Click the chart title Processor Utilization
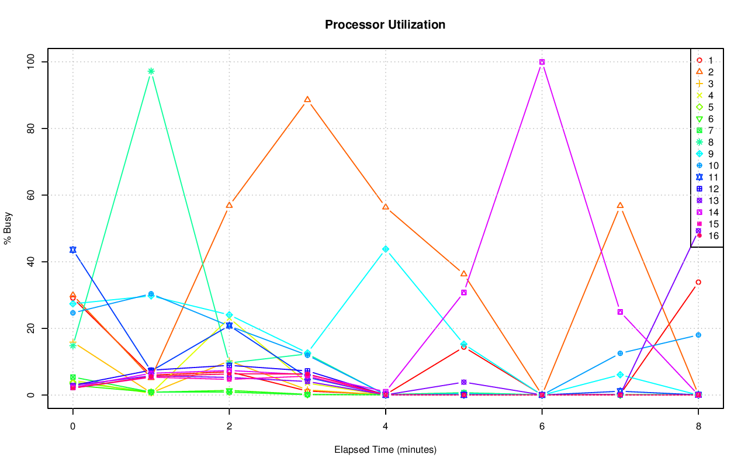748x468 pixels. [x=385, y=25]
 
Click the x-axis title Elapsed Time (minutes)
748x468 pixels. [x=385, y=450]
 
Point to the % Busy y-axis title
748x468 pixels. [x=8, y=228]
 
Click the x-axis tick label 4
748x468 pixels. [x=385, y=427]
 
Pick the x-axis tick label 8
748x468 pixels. [x=698, y=427]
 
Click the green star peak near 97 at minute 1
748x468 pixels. [x=151, y=71]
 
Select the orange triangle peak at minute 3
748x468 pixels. [x=307, y=99]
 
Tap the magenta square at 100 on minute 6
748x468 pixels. [x=542, y=62]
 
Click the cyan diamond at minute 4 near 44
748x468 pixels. [x=386, y=249]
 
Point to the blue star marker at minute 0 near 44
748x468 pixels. [x=72, y=249]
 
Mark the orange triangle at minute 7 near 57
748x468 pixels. [x=620, y=205]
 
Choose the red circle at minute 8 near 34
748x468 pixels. [x=698, y=282]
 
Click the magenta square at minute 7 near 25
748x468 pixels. [x=620, y=312]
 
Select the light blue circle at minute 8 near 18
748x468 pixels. [x=698, y=335]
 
